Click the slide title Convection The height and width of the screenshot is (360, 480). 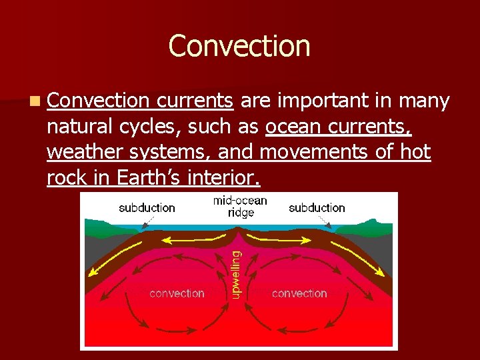pyautogui.click(x=239, y=46)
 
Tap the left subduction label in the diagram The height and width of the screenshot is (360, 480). pyautogui.click(x=147, y=208)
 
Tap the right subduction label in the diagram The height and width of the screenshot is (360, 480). pyautogui.click(x=317, y=208)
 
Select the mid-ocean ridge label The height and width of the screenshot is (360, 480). pyautogui.click(x=240, y=207)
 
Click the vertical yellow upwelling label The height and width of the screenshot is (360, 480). pyautogui.click(x=235, y=273)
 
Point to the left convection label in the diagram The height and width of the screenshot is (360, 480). pyautogui.click(x=177, y=293)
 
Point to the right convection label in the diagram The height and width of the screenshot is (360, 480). pyautogui.click(x=299, y=293)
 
